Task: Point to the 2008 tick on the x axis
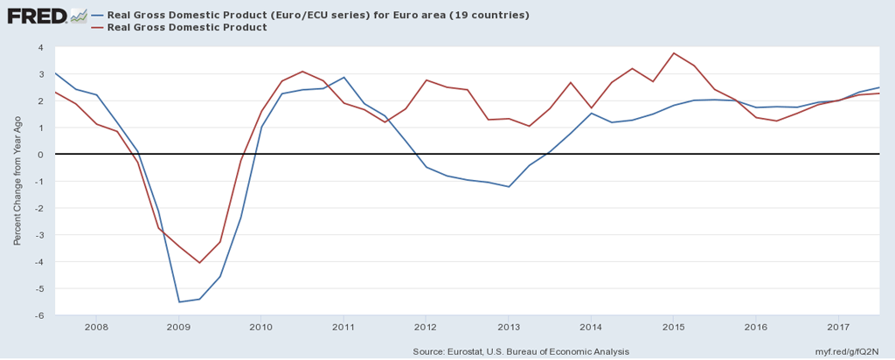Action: click(x=96, y=328)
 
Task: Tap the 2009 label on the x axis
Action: click(x=178, y=328)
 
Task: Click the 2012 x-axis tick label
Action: click(x=426, y=328)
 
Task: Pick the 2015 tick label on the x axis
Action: click(x=673, y=328)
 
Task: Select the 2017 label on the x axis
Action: click(x=838, y=328)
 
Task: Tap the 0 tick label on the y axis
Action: click(x=41, y=155)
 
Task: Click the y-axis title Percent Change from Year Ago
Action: click(x=17, y=181)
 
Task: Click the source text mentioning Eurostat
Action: click(x=520, y=351)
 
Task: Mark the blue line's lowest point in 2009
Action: click(x=179, y=302)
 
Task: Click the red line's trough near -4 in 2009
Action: click(x=199, y=263)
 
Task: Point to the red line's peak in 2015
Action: click(x=673, y=53)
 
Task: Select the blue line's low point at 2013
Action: click(x=509, y=187)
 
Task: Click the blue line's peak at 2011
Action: click(x=343, y=77)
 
